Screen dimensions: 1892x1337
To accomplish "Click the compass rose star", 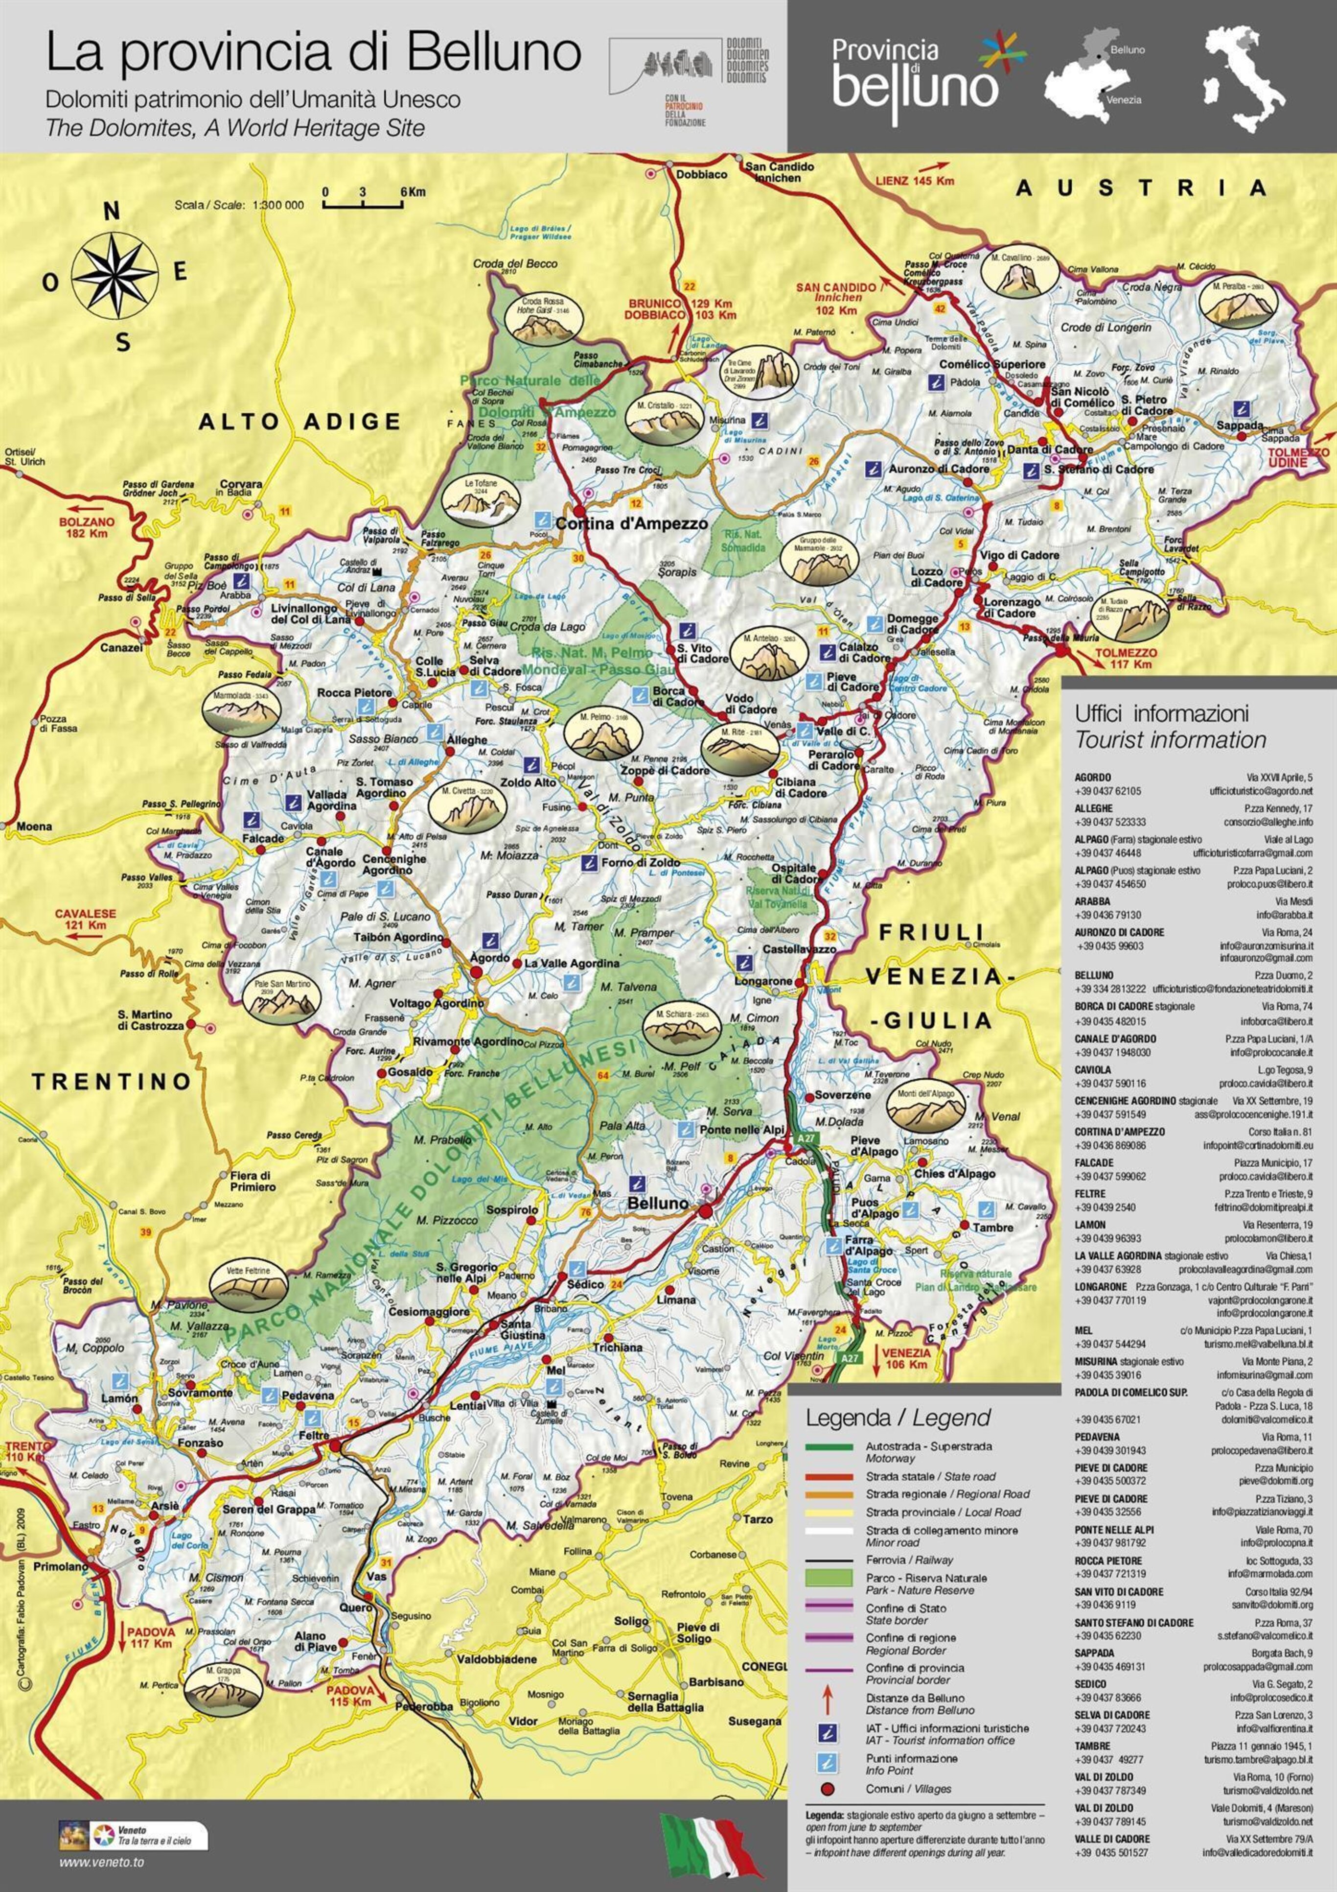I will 115,276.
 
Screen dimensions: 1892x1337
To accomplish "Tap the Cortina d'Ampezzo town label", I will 631,524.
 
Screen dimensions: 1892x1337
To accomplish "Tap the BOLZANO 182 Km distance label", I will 87,527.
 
